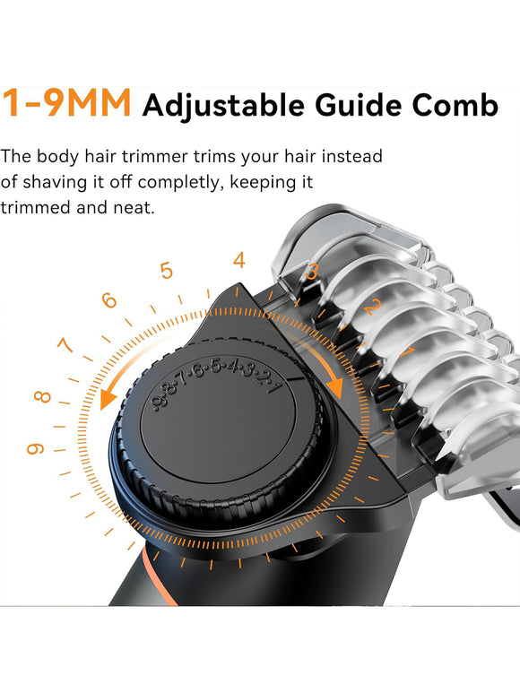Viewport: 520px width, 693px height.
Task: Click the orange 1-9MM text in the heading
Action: tap(66, 102)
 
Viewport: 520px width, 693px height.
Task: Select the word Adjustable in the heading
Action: tap(223, 107)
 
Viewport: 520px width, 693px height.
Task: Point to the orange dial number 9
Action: tap(35, 449)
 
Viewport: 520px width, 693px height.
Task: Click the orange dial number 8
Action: tap(42, 396)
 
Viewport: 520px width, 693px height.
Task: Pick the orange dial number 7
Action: tap(65, 345)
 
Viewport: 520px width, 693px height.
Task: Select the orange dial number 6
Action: tap(108, 300)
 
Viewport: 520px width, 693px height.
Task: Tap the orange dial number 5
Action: tap(167, 271)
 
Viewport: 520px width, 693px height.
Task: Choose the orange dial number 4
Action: tap(239, 260)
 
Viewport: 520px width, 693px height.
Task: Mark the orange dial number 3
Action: tap(312, 272)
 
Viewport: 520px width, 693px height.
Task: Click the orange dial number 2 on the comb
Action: tap(373, 307)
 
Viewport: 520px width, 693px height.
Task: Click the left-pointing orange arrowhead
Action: tap(108, 399)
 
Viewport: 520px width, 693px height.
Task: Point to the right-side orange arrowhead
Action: tap(335, 387)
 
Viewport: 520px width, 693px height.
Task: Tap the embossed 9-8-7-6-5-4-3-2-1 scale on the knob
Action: tap(216, 383)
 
